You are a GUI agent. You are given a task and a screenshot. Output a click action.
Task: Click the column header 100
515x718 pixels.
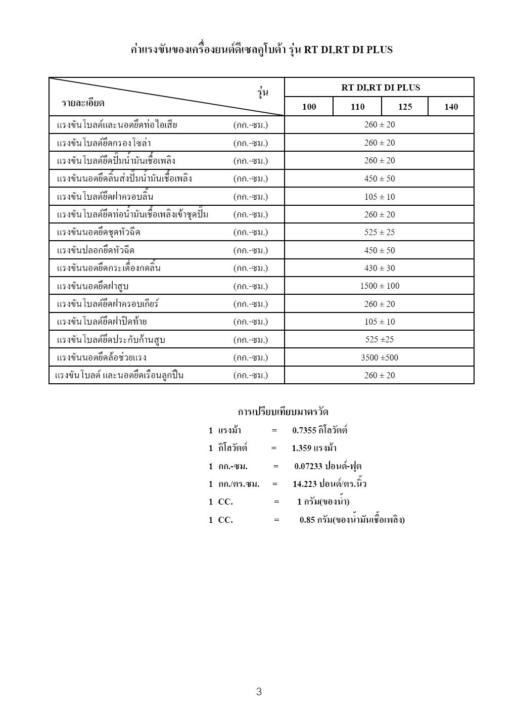pyautogui.click(x=309, y=107)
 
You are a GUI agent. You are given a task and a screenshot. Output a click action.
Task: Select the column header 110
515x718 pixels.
pyautogui.click(x=357, y=107)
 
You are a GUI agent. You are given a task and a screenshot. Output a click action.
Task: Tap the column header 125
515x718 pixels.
pyautogui.click(x=405, y=107)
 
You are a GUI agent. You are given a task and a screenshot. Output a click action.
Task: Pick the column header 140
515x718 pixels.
pyautogui.click(x=451, y=107)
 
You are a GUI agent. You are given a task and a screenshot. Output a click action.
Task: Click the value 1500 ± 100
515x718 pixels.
pyautogui.click(x=380, y=286)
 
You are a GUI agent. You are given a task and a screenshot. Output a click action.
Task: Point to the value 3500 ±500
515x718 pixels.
pyautogui.click(x=380, y=357)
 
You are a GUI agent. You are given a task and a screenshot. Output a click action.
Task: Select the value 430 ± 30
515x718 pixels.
pyautogui.click(x=380, y=268)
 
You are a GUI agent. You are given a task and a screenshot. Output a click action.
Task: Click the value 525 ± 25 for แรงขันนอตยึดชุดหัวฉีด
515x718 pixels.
pyautogui.click(x=380, y=233)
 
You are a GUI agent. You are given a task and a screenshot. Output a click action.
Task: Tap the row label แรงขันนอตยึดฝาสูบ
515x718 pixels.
pyautogui.click(x=93, y=287)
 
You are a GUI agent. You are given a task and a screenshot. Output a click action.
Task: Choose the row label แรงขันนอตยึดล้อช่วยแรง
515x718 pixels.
pyautogui.click(x=102, y=358)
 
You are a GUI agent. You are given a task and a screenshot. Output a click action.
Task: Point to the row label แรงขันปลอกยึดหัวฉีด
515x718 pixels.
pyautogui.click(x=96, y=251)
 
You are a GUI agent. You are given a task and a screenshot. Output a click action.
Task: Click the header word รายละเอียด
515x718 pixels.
pyautogui.click(x=83, y=103)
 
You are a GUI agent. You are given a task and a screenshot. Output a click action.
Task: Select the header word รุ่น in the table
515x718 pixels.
pyautogui.click(x=263, y=92)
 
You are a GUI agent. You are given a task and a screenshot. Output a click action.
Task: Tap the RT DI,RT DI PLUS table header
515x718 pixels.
pyautogui.click(x=380, y=87)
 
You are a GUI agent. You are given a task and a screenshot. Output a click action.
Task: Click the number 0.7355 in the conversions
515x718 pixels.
pyautogui.click(x=304, y=431)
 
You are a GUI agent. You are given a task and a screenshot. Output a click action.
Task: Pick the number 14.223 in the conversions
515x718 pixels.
pyautogui.click(x=305, y=484)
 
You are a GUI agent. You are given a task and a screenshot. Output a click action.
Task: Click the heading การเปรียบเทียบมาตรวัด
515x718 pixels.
pyautogui.click(x=283, y=412)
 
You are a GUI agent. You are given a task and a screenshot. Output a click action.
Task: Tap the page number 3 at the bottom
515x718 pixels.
pyautogui.click(x=259, y=692)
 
